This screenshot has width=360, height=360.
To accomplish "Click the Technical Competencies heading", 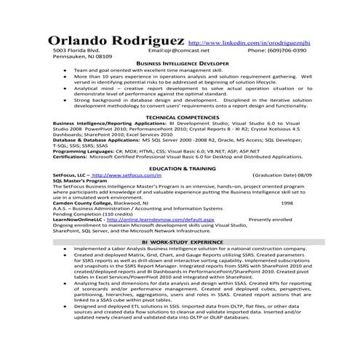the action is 180,117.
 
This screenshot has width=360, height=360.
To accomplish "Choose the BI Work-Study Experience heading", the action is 182,240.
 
